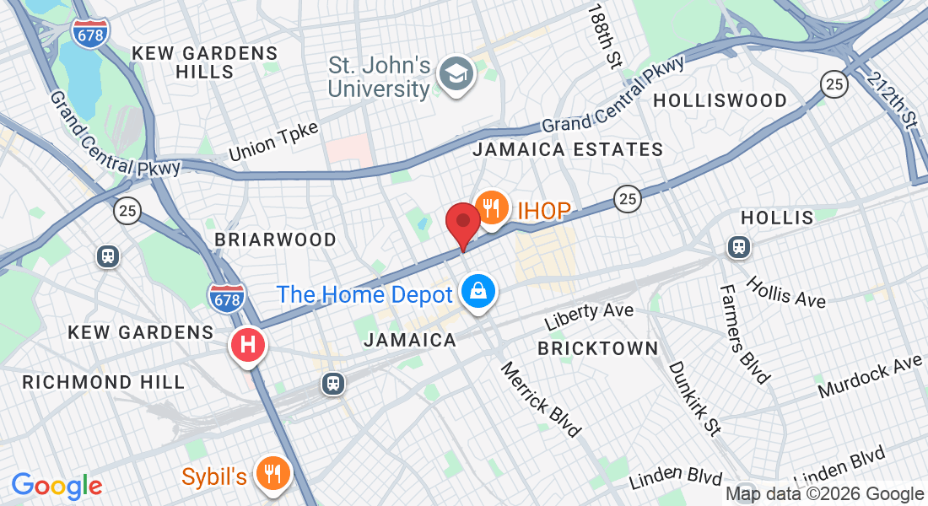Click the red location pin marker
(462, 223)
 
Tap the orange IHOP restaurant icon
(490, 207)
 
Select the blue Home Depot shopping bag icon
(478, 293)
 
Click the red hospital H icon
(248, 345)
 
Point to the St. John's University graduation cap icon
(456, 75)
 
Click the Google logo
(57, 485)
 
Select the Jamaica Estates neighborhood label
(568, 150)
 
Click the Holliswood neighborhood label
(720, 100)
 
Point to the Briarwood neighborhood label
(275, 240)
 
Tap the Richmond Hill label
(103, 382)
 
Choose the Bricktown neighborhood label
(597, 348)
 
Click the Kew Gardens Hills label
(205, 62)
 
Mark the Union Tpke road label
(273, 141)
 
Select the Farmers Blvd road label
(745, 333)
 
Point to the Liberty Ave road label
(588, 316)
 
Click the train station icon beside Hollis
(738, 247)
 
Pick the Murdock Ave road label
(870, 378)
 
